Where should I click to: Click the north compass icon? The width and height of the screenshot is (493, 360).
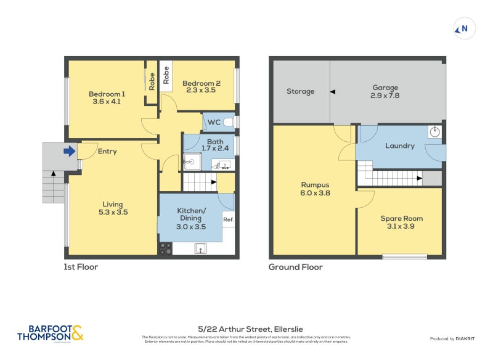[465, 28]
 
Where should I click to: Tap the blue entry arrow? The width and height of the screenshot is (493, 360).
[69, 150]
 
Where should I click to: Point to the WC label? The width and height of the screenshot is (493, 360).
[214, 122]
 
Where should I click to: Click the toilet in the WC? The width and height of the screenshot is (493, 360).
[229, 122]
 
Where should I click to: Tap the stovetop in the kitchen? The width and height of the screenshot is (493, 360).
[166, 248]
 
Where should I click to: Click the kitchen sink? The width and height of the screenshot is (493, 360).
[200, 248]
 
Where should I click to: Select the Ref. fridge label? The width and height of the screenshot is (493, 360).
[228, 219]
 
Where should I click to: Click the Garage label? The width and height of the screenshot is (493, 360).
[385, 88]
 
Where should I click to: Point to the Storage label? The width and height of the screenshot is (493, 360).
[300, 91]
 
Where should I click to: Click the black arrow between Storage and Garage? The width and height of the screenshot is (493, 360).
[332, 92]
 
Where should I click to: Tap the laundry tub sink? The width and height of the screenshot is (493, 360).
[434, 131]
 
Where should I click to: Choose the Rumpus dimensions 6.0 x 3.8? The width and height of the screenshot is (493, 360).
[315, 192]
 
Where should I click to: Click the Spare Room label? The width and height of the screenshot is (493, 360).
[401, 218]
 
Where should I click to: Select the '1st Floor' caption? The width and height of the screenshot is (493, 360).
[81, 267]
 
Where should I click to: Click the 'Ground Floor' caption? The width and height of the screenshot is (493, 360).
[295, 267]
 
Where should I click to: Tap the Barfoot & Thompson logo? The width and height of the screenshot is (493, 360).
[50, 333]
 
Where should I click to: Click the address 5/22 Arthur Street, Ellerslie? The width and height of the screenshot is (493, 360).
[246, 329]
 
